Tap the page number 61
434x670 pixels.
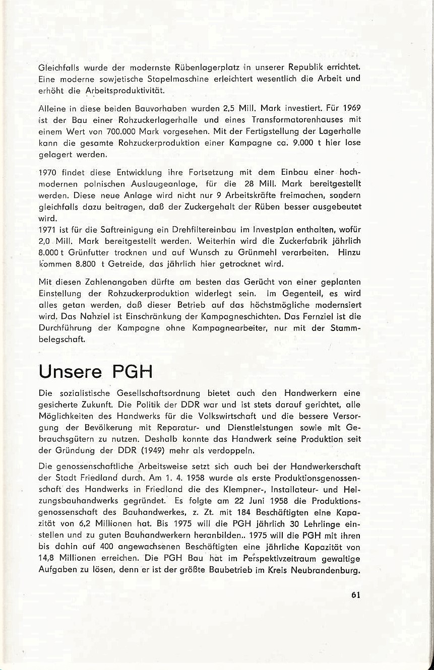pos(355,594)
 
